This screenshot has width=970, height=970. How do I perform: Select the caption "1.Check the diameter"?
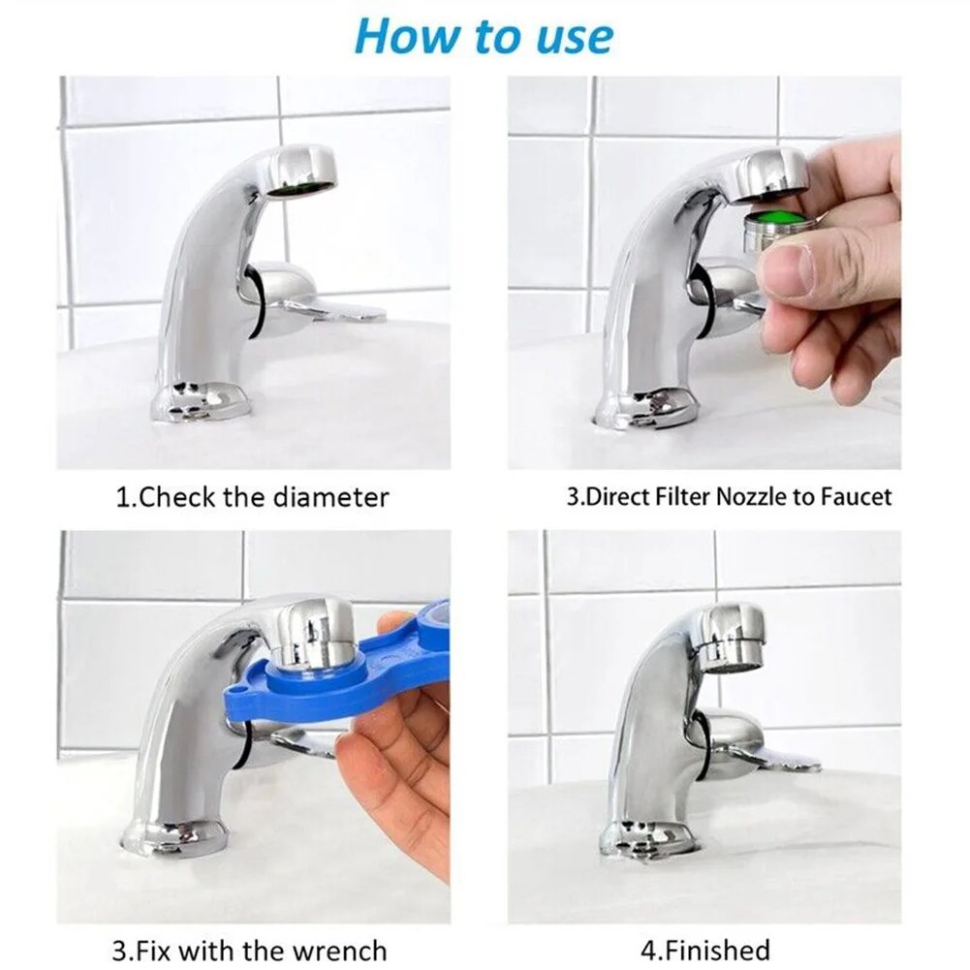(252, 498)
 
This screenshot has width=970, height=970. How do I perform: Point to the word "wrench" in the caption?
(337, 951)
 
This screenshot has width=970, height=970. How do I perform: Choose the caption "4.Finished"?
(704, 951)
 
